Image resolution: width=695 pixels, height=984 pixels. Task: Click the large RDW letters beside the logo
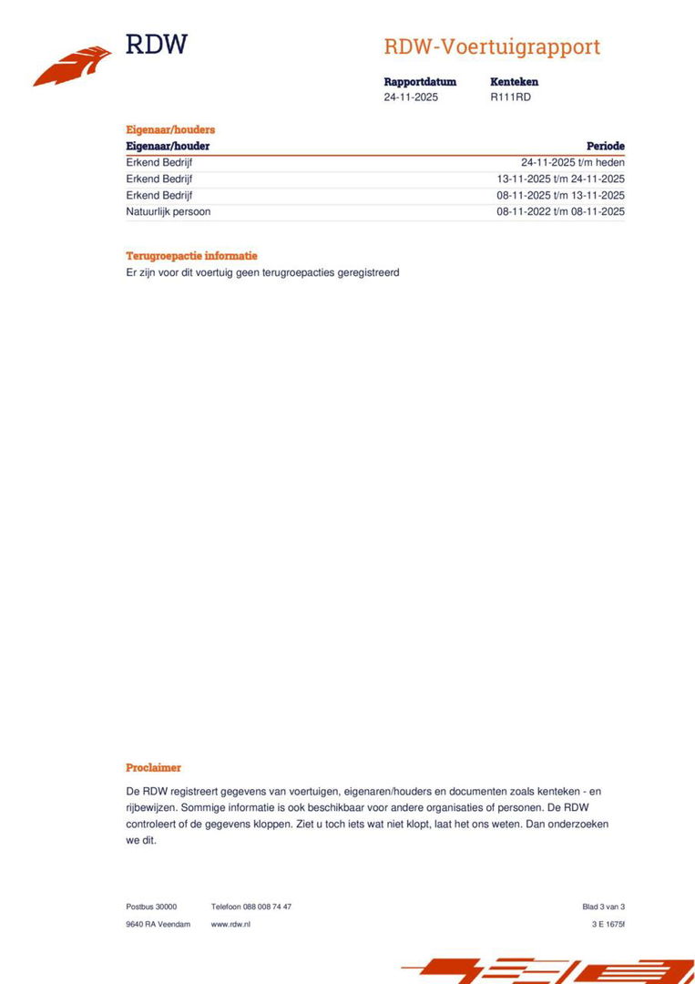point(156,44)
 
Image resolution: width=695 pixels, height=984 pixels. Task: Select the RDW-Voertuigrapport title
point(492,47)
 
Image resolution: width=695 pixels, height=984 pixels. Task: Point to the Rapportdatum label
point(420,82)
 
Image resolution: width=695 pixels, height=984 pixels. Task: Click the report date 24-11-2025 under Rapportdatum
point(411,97)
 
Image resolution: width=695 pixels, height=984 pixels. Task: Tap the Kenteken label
point(514,82)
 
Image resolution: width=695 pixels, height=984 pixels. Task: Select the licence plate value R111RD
point(510,97)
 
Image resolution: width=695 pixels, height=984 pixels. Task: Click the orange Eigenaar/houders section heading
point(170,130)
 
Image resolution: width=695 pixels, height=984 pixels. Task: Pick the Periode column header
point(606,146)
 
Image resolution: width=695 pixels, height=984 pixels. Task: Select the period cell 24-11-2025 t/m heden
point(573,163)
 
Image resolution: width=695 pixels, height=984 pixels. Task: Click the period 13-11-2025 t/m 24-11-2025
point(560,179)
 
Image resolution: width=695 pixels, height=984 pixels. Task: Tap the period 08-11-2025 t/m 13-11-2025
point(560,196)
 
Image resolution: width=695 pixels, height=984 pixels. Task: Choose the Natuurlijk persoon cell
point(169,212)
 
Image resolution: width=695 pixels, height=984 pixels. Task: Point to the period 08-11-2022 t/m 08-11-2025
point(560,212)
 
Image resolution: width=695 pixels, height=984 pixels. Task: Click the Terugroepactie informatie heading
point(191,256)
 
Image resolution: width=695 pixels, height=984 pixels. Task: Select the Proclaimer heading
point(153,768)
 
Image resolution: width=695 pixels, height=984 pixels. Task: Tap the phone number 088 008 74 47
point(267,907)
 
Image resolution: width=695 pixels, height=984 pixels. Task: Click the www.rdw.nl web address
point(230,924)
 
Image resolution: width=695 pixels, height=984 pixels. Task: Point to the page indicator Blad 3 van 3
point(603,907)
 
